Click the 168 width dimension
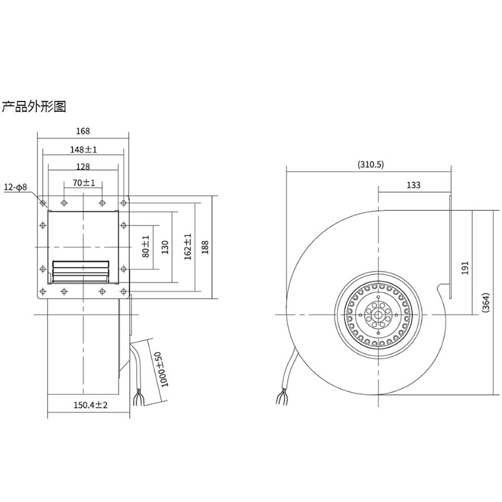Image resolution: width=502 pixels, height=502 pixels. pos(83,131)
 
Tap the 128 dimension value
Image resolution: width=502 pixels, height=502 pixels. pos(83,167)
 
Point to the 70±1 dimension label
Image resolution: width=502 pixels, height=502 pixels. pos(83,183)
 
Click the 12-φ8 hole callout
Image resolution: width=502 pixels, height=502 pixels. pos(16,188)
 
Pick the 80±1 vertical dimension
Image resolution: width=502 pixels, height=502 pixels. pos(146,247)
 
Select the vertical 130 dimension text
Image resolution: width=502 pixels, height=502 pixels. pos(166,247)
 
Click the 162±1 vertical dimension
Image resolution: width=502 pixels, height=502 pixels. pos(187,247)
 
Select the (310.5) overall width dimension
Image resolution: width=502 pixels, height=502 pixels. pos(371,165)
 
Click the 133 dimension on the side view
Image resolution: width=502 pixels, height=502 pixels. pos(414,184)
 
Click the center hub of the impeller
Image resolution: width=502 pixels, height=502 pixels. pos(378,314)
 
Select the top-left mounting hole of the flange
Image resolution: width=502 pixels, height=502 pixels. pos(43,203)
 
